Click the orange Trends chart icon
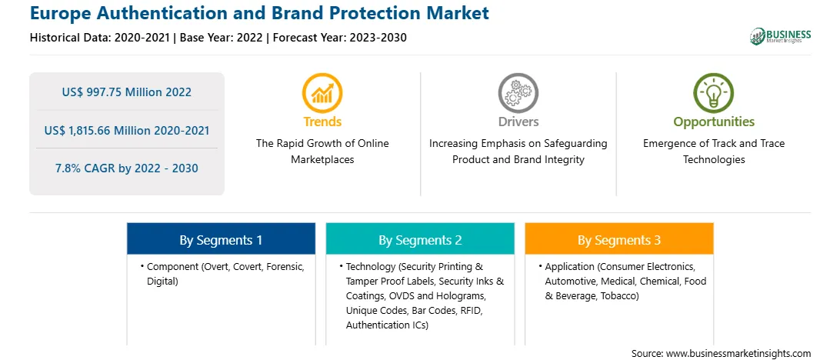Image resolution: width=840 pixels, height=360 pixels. click(322, 92)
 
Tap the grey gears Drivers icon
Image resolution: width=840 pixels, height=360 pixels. click(518, 92)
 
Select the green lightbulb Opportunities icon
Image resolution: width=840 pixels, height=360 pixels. click(714, 92)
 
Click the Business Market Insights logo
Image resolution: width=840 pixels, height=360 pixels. click(781, 36)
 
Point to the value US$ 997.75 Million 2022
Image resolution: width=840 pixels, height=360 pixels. click(126, 92)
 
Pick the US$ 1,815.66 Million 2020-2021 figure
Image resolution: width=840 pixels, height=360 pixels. click(126, 130)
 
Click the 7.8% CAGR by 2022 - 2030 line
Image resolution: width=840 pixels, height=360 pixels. click(126, 168)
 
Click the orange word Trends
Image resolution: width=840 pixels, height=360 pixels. click(322, 122)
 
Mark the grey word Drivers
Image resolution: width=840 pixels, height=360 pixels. click(518, 122)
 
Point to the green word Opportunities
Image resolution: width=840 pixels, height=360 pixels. click(714, 122)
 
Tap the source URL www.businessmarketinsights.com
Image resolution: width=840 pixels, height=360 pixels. click(737, 353)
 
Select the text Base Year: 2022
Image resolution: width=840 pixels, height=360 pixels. click(222, 38)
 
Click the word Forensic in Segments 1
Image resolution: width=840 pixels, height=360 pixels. click(285, 266)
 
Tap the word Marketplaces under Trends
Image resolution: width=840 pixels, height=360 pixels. click(322, 160)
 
